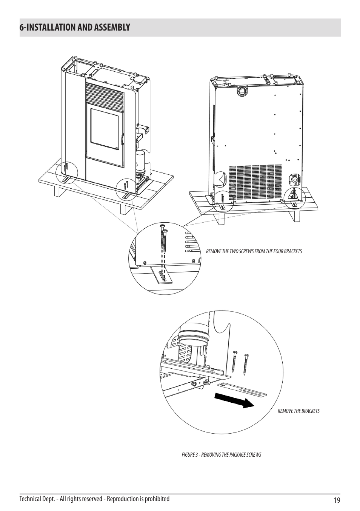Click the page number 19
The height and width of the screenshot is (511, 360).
tap(337, 500)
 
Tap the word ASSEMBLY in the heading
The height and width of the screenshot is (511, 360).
tap(112, 27)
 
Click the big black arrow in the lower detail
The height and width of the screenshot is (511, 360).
tap(234, 400)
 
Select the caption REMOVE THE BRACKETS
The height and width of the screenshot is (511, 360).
tap(298, 411)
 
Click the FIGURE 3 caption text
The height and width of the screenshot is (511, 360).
tap(222, 455)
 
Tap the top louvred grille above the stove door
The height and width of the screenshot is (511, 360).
tap(105, 93)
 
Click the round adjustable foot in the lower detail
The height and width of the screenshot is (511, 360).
tap(207, 382)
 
